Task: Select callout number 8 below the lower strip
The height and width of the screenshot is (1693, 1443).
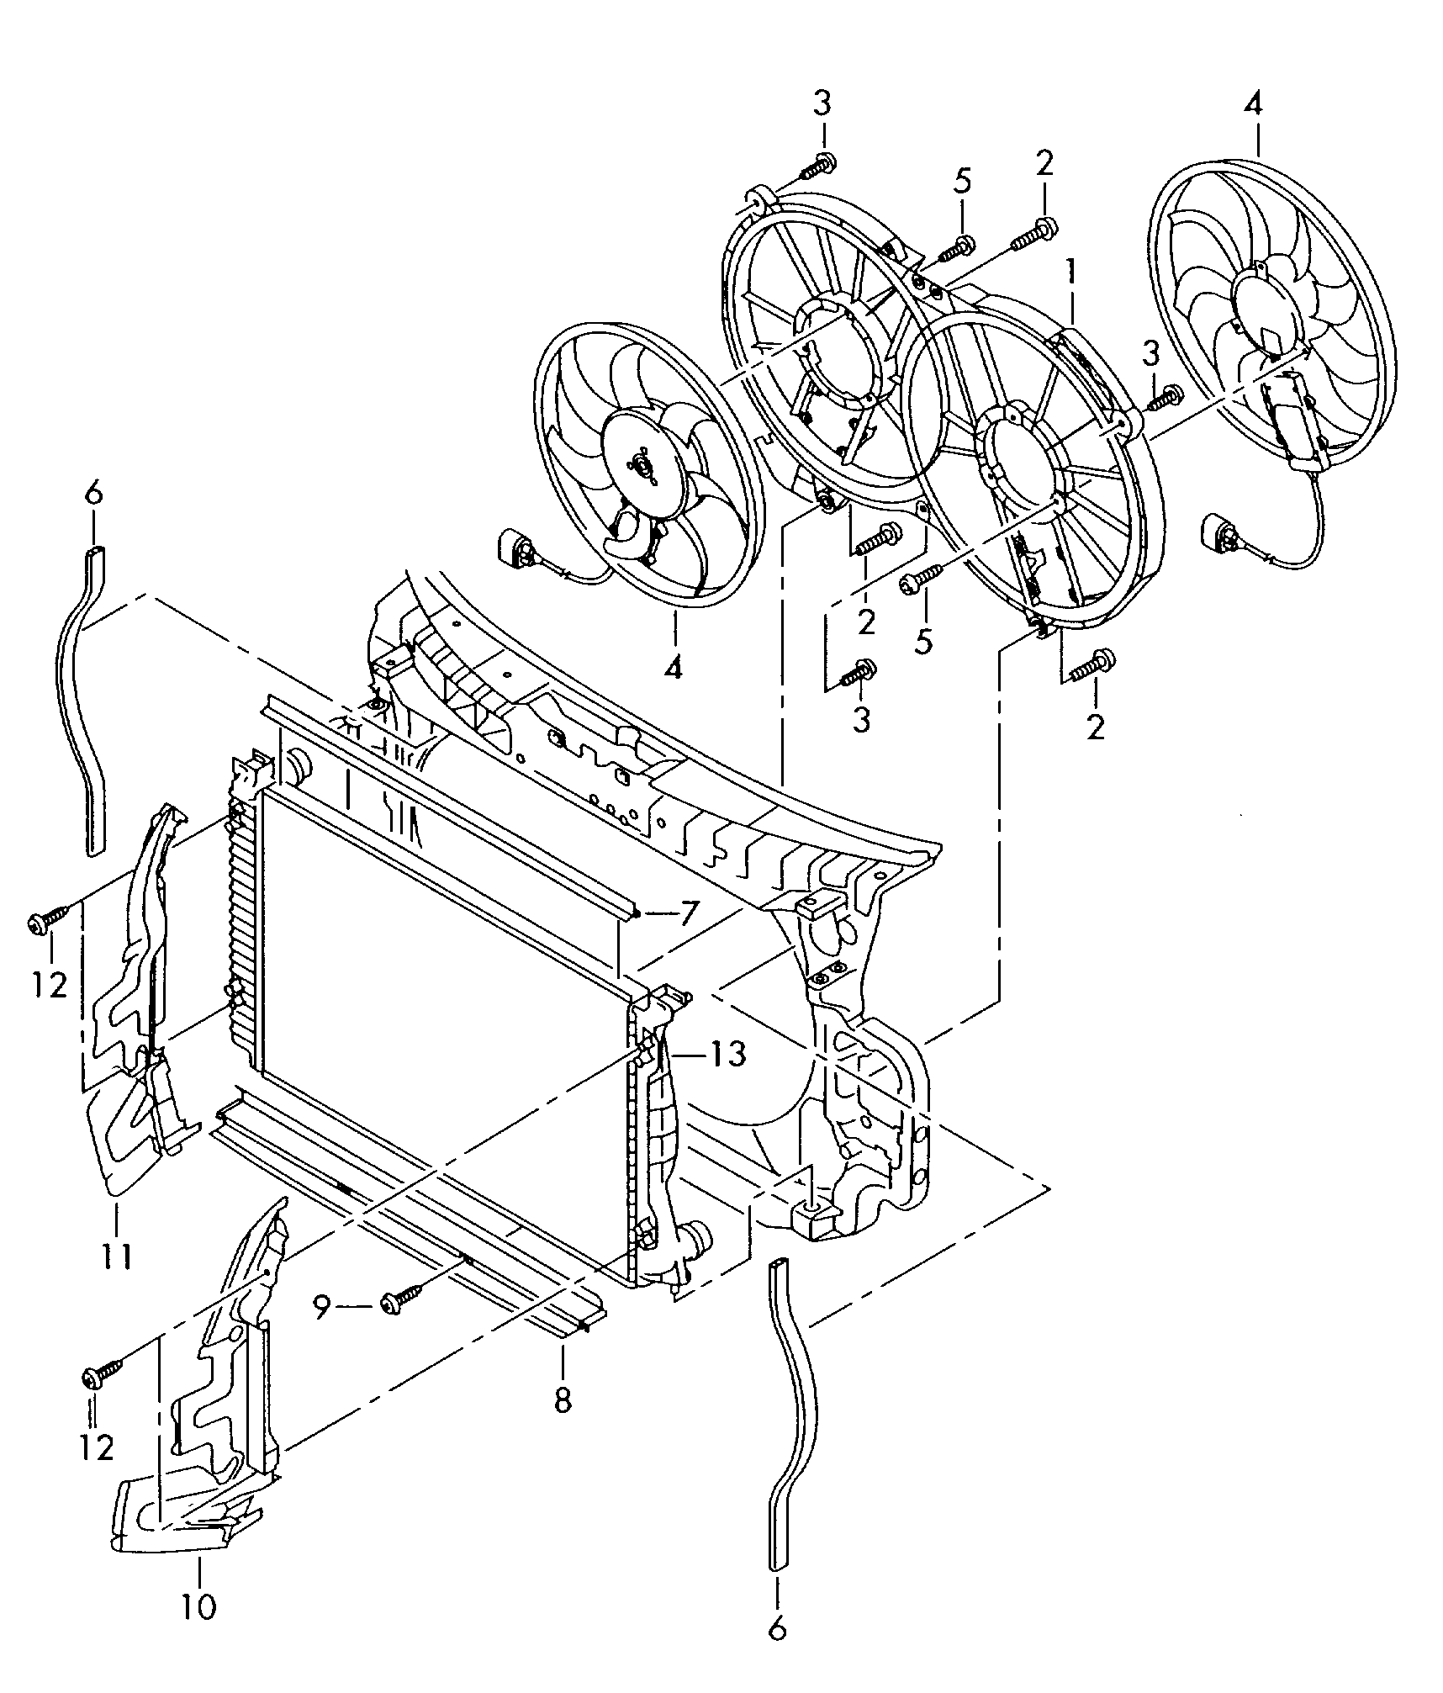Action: click(563, 1399)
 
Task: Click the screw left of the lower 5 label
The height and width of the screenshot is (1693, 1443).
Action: click(921, 579)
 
